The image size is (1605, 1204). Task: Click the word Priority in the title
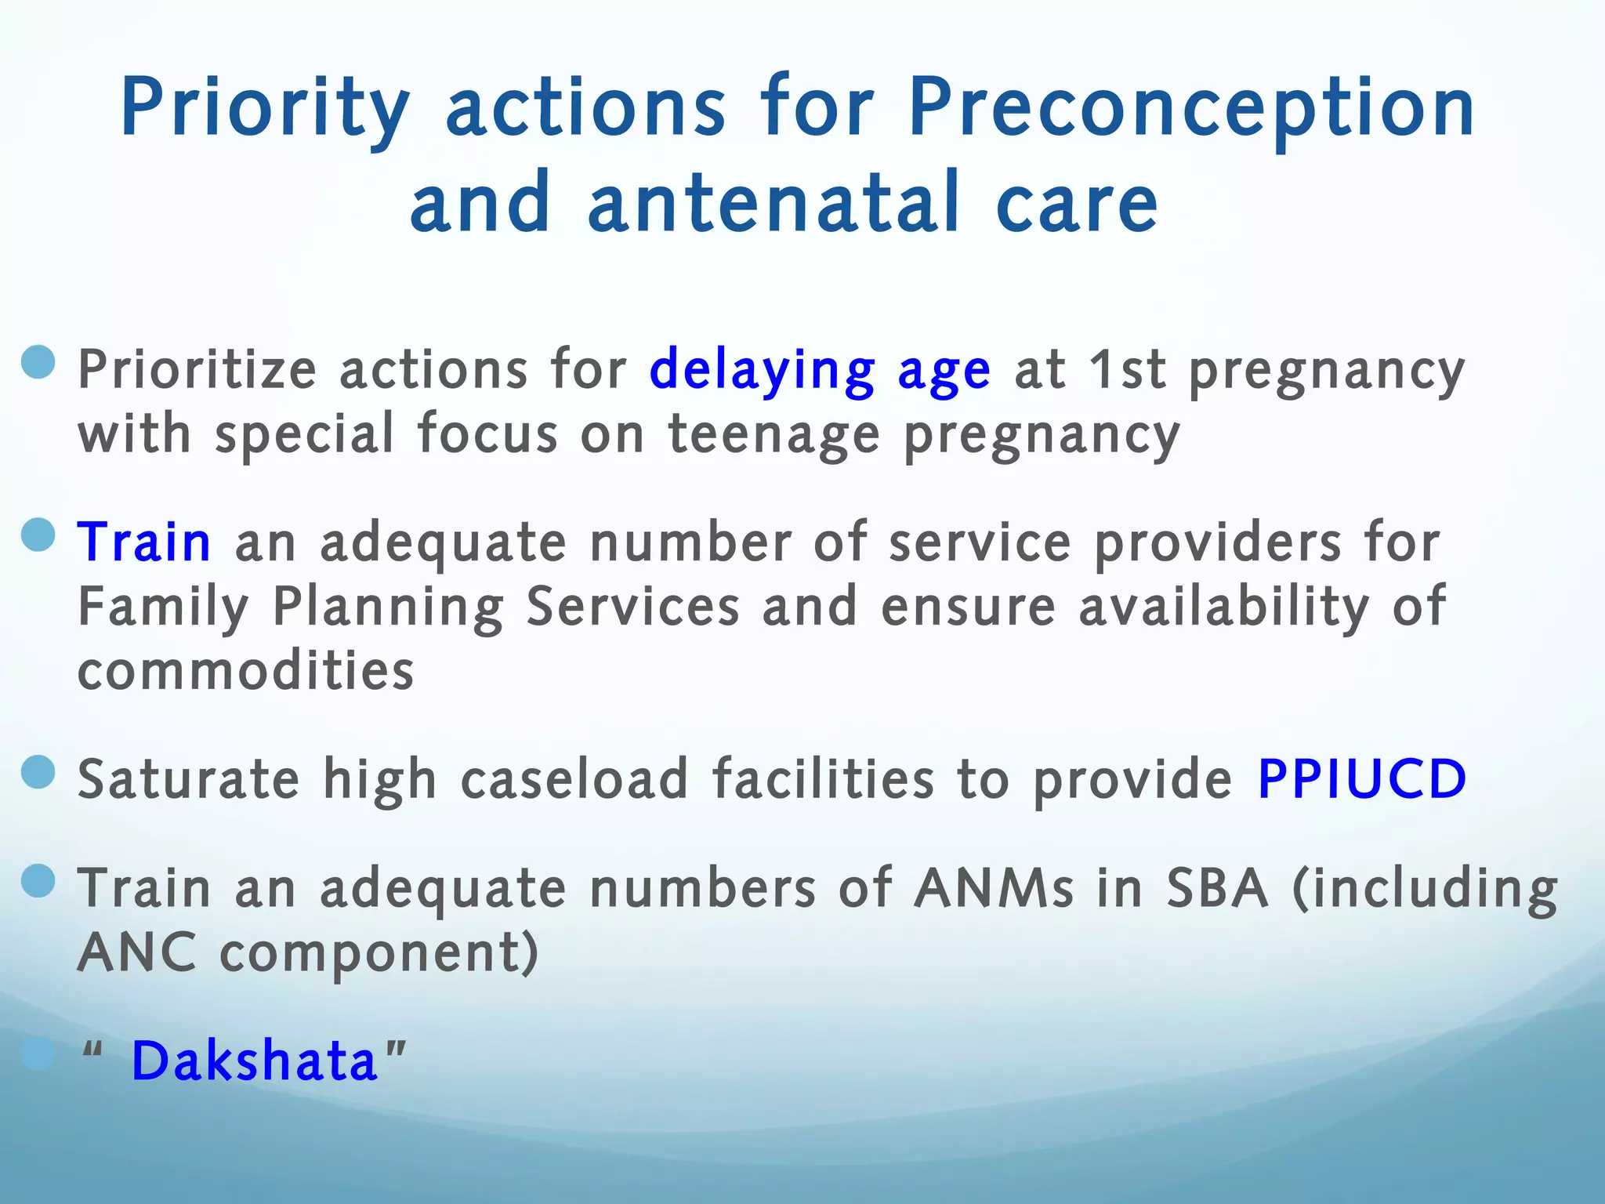[265, 110]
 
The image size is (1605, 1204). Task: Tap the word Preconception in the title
[1191, 110]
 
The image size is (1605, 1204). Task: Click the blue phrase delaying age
[820, 370]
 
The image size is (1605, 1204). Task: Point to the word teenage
[774, 434]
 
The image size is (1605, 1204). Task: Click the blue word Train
[144, 542]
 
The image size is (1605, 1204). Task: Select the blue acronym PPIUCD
[1362, 779]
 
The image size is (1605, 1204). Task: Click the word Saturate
[189, 779]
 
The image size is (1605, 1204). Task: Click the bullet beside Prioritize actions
[38, 363]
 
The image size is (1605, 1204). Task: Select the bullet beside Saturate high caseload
[38, 772]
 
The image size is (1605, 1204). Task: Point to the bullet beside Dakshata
[38, 1055]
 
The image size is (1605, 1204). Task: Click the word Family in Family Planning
[163, 607]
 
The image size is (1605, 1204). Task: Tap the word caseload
[574, 779]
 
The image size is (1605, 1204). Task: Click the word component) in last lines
[379, 953]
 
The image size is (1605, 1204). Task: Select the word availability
[1224, 607]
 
